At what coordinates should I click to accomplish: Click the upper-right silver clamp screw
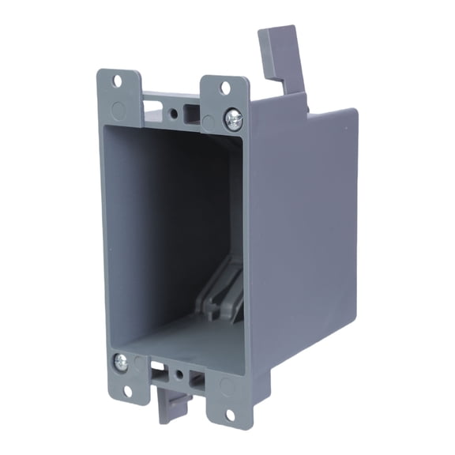(x=234, y=119)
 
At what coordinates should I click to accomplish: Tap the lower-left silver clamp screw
(x=121, y=362)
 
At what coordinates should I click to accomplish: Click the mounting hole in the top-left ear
(x=117, y=81)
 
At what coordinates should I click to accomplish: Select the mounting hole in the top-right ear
(x=225, y=88)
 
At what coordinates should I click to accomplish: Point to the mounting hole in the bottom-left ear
(x=126, y=389)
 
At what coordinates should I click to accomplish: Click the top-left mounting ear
(x=118, y=95)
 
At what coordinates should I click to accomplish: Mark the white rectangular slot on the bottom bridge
(x=159, y=367)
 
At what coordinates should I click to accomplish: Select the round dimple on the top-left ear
(x=118, y=109)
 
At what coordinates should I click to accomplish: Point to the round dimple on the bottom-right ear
(x=227, y=387)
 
